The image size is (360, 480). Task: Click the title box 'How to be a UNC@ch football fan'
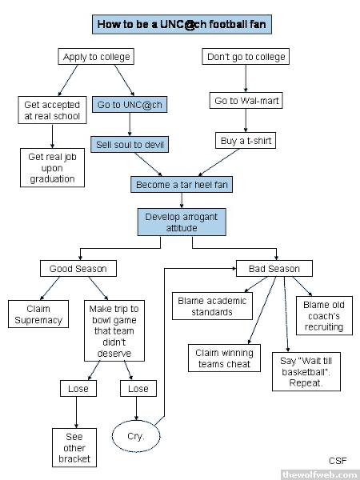(x=182, y=24)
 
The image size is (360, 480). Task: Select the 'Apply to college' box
(x=96, y=57)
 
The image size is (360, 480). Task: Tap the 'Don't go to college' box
(x=246, y=57)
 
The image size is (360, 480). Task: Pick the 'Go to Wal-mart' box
(x=246, y=101)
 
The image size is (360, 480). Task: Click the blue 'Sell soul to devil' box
(x=130, y=145)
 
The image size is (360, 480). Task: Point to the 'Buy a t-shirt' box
(x=246, y=141)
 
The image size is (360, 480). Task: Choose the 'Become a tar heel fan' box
(x=182, y=184)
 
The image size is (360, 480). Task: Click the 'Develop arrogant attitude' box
(x=182, y=222)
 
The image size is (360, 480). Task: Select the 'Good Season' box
(x=78, y=269)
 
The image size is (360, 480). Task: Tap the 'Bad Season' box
(x=274, y=269)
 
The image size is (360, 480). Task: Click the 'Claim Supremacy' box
(x=38, y=314)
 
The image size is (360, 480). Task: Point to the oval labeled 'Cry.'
(x=136, y=436)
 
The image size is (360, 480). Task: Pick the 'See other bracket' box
(x=74, y=447)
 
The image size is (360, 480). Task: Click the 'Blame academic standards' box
(x=213, y=306)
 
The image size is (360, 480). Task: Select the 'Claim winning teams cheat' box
(x=224, y=358)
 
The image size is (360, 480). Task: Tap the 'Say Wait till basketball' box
(x=306, y=372)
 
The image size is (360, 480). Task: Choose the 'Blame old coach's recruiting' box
(x=324, y=316)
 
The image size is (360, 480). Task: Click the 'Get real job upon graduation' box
(x=52, y=168)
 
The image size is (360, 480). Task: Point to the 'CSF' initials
(x=338, y=461)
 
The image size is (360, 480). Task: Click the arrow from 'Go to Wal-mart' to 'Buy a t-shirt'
(x=246, y=120)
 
